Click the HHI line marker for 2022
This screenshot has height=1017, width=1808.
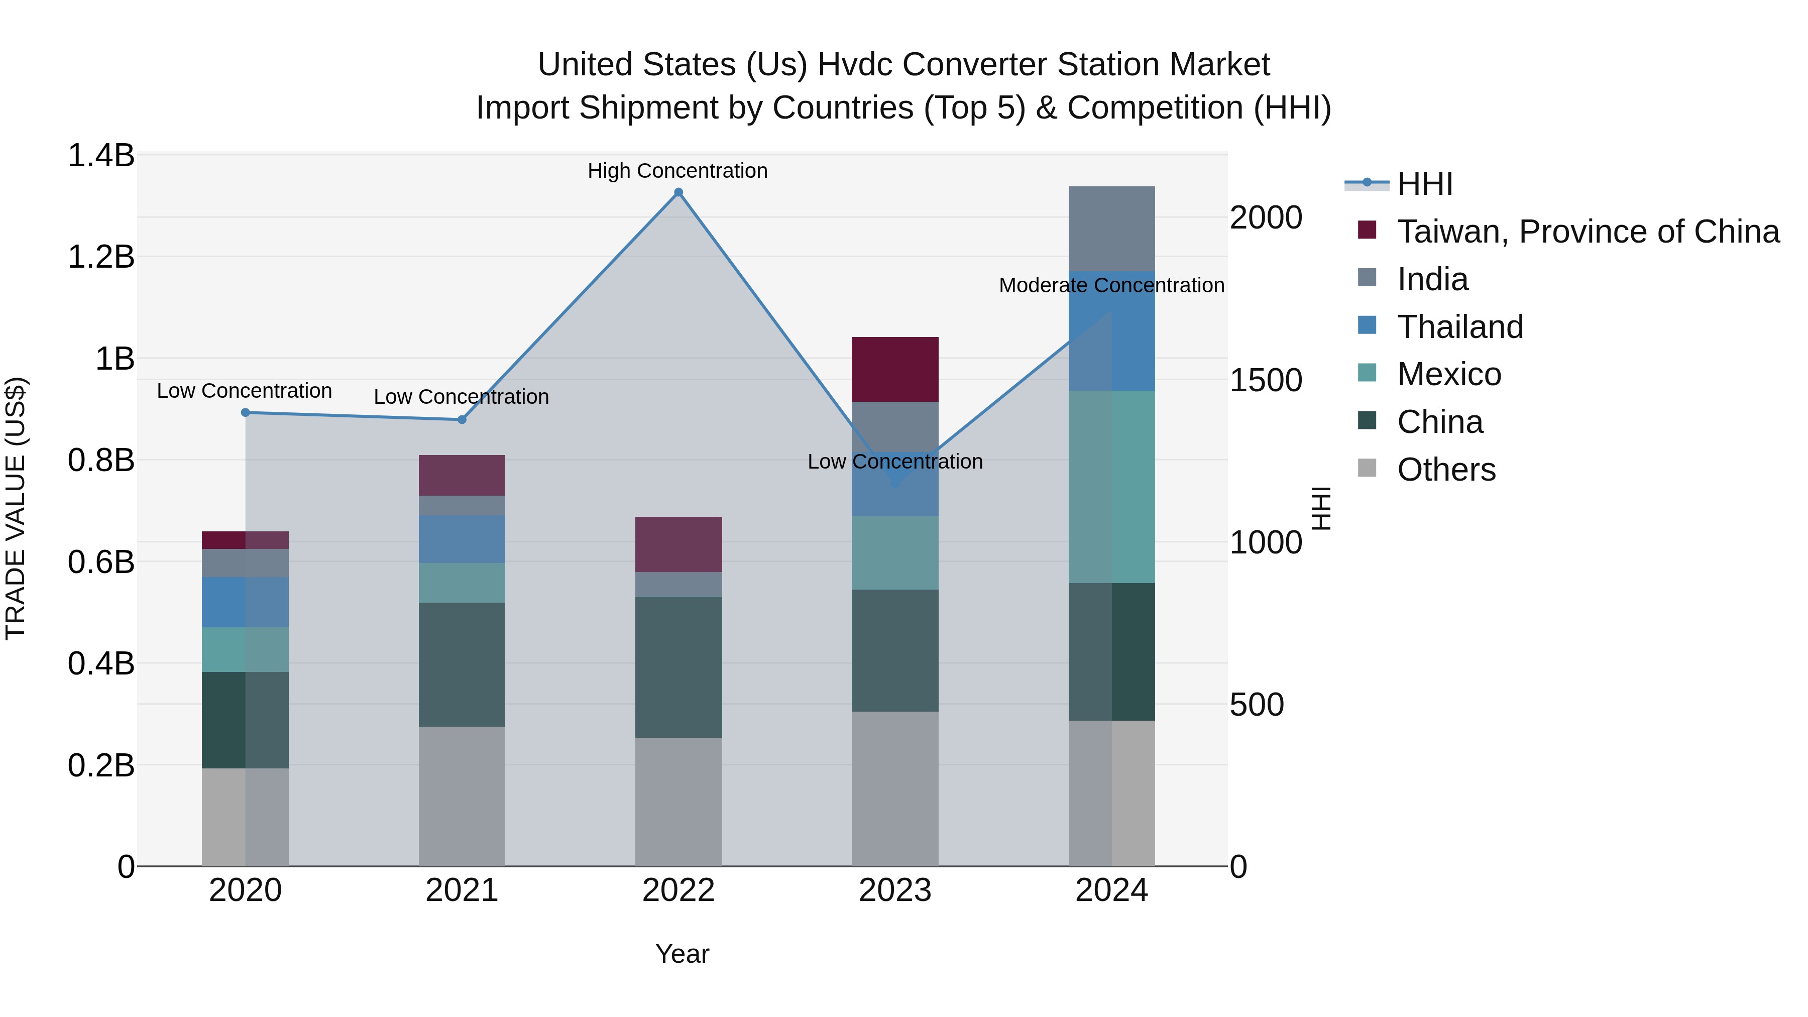[x=678, y=192]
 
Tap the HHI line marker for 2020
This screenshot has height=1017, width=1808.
[x=245, y=413]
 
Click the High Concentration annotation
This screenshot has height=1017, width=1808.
[x=677, y=171]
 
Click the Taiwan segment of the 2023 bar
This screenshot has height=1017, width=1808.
[x=895, y=369]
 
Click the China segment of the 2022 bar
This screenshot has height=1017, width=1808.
[x=678, y=667]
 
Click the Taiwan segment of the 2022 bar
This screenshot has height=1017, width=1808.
[x=678, y=544]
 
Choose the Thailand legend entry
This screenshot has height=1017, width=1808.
[x=1460, y=327]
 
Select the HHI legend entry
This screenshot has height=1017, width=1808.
[x=1425, y=184]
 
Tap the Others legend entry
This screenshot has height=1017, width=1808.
[x=1446, y=470]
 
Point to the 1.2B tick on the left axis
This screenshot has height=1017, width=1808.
[x=100, y=257]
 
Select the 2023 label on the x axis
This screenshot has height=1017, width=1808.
[x=895, y=890]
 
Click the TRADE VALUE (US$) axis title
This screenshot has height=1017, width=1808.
[x=16, y=508]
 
